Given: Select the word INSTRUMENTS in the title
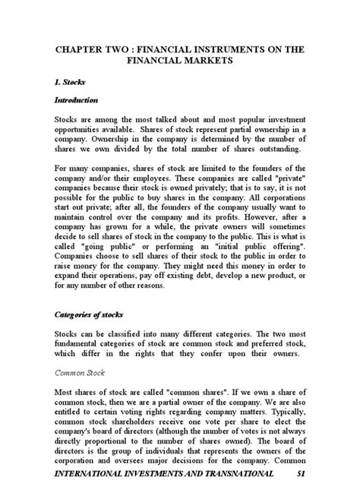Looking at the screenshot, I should [x=228, y=49].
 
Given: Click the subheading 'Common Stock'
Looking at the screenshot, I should [x=81, y=372].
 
